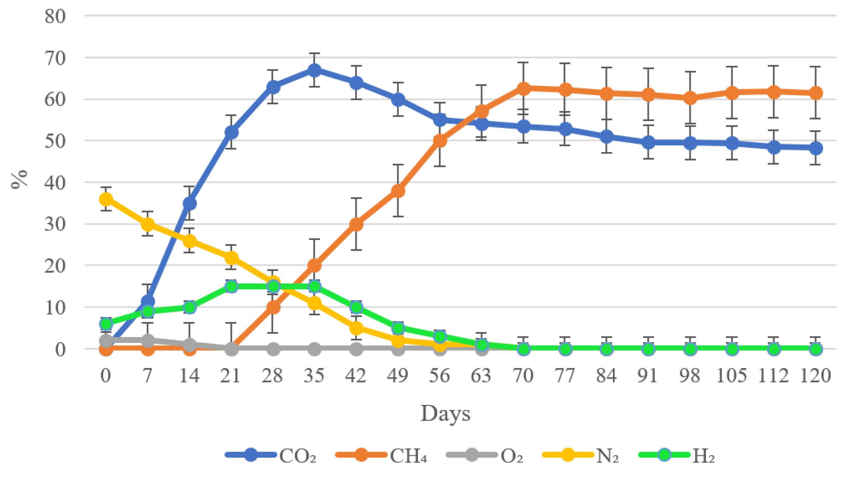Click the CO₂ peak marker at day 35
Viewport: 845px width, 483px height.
coord(314,70)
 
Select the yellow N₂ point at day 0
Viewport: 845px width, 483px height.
coord(106,199)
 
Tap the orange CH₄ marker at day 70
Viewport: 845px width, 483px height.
coord(523,88)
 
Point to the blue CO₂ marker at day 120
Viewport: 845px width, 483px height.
coord(816,148)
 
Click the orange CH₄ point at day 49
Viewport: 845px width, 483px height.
coord(398,191)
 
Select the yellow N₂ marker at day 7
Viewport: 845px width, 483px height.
coord(148,224)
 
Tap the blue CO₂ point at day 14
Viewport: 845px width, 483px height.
coord(189,203)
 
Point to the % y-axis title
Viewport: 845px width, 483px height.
coord(19,179)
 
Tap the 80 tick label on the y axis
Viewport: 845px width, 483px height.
coord(55,16)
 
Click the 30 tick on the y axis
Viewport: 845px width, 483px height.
coord(55,224)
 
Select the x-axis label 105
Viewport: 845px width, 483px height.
coord(732,376)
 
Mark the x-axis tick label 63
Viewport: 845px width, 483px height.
coord(481,376)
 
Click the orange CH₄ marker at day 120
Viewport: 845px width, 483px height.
coord(816,93)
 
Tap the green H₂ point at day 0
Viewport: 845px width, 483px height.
coord(106,323)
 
